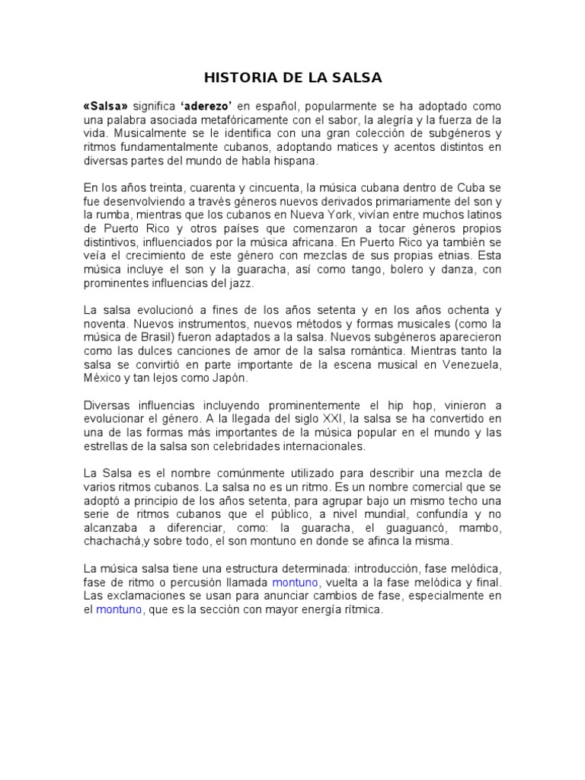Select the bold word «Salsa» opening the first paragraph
click(106, 106)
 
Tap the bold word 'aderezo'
click(206, 106)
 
